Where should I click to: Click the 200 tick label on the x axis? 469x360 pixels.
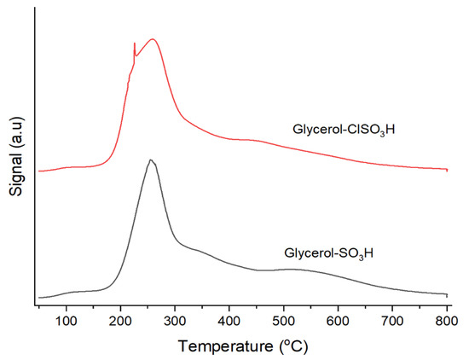coord(120,321)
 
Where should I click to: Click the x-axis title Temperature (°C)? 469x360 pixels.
coord(242,346)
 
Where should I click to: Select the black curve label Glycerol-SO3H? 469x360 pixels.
coord(328,253)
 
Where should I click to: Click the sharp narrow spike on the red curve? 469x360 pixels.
coord(135,44)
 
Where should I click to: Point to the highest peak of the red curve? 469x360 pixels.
coord(153,39)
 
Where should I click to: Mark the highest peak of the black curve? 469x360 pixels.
coord(150,160)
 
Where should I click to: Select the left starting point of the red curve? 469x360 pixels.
coord(39,171)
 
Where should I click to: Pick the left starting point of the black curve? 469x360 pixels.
coord(39,298)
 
